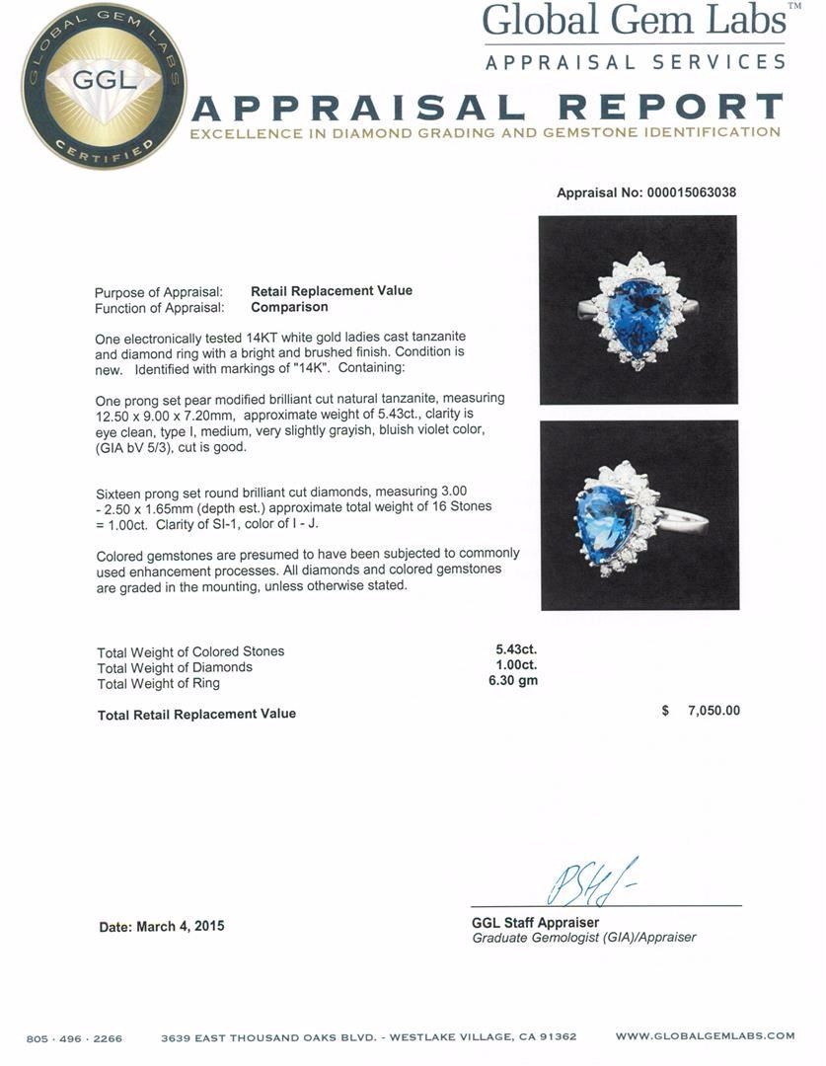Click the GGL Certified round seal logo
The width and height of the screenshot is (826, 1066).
(x=104, y=86)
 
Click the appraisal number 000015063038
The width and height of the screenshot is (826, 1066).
(x=682, y=192)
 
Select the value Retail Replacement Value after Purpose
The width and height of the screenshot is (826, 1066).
(x=332, y=291)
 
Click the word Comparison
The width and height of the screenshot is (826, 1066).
(x=289, y=307)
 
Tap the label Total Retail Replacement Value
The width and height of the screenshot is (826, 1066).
(x=196, y=714)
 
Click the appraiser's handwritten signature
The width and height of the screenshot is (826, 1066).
(x=589, y=881)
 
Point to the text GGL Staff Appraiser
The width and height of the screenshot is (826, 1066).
(x=535, y=923)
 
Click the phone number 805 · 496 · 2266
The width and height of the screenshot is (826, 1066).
(x=75, y=1037)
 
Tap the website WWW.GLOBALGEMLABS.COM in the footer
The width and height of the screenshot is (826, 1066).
(x=705, y=1036)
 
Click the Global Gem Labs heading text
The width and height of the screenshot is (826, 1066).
(x=635, y=21)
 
